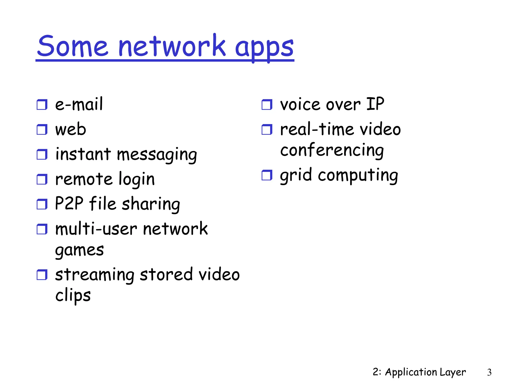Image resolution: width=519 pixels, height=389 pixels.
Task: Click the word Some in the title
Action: click(73, 46)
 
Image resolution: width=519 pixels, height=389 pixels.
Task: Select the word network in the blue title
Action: click(172, 46)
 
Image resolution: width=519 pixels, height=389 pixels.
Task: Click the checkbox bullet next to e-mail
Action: click(42, 104)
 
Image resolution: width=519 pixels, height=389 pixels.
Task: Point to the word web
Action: click(71, 129)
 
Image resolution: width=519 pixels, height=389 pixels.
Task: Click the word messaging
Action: click(157, 154)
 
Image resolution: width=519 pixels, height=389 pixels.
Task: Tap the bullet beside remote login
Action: click(42, 179)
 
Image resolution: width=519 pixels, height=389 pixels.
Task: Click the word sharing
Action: click(151, 204)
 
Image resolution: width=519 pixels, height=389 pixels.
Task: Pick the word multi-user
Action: click(96, 229)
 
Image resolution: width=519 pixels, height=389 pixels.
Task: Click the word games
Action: click(80, 250)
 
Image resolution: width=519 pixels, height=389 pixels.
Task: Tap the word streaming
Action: click(95, 275)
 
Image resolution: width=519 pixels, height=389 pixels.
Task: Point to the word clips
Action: click(73, 296)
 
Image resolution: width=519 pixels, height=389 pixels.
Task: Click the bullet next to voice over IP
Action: click(267, 104)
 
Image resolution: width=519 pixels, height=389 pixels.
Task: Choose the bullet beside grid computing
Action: click(267, 175)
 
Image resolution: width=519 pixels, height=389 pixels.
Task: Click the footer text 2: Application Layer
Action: click(419, 372)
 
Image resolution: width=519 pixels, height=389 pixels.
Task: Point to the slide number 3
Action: click(489, 372)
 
